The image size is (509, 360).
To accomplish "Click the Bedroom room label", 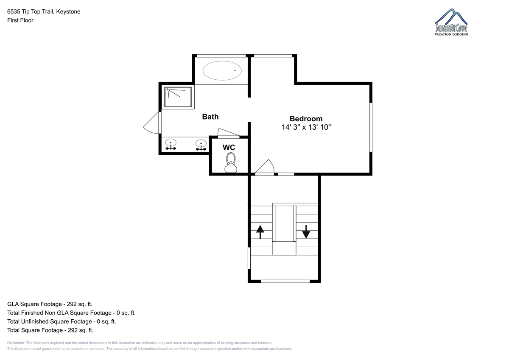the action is [x=306, y=119].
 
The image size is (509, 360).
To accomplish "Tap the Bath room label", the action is [x=210, y=117].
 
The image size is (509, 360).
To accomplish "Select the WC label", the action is [x=229, y=148].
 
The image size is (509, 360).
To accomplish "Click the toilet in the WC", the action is [x=231, y=163].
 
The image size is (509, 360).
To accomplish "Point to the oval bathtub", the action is [x=222, y=71].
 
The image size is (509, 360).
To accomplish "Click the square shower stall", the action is [x=178, y=97].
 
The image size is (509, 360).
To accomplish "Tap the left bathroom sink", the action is [x=171, y=145].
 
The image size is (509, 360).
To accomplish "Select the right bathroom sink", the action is [x=201, y=145].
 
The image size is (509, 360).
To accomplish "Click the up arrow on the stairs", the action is [x=260, y=232].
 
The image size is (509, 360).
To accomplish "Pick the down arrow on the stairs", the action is [x=306, y=232].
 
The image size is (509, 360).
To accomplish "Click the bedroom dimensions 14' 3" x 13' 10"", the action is [x=306, y=127].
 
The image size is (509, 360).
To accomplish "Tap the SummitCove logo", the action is [x=451, y=22].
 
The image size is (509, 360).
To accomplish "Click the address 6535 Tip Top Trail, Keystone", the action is [x=44, y=11].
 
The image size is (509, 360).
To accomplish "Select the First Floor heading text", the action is [x=20, y=20].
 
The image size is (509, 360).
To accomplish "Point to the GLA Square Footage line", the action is [x=50, y=304].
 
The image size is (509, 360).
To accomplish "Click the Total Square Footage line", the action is [x=50, y=330].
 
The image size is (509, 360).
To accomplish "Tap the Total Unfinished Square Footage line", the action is [x=62, y=321].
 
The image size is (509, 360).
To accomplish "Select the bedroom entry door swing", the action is [x=265, y=167].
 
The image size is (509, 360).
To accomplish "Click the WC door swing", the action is [x=228, y=133].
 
